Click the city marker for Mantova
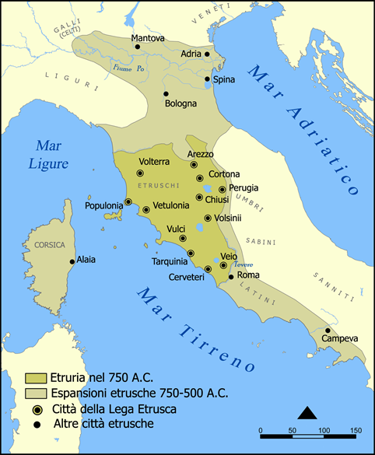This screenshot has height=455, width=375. pos(138,47)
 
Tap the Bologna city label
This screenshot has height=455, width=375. pos(180,103)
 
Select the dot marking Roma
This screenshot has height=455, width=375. pos(231,275)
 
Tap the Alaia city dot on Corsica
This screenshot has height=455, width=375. pos(72,261)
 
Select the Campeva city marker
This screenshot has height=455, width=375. pos(328,330)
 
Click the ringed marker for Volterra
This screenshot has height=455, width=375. pos(140,173)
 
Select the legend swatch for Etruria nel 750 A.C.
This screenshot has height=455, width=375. pos(36,378)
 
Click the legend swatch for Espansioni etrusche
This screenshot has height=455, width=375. pos(36,393)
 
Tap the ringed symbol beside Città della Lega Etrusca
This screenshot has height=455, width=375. pos(36,408)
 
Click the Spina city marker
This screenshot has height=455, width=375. pos(207,79)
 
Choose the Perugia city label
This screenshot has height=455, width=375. pos(244,188)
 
